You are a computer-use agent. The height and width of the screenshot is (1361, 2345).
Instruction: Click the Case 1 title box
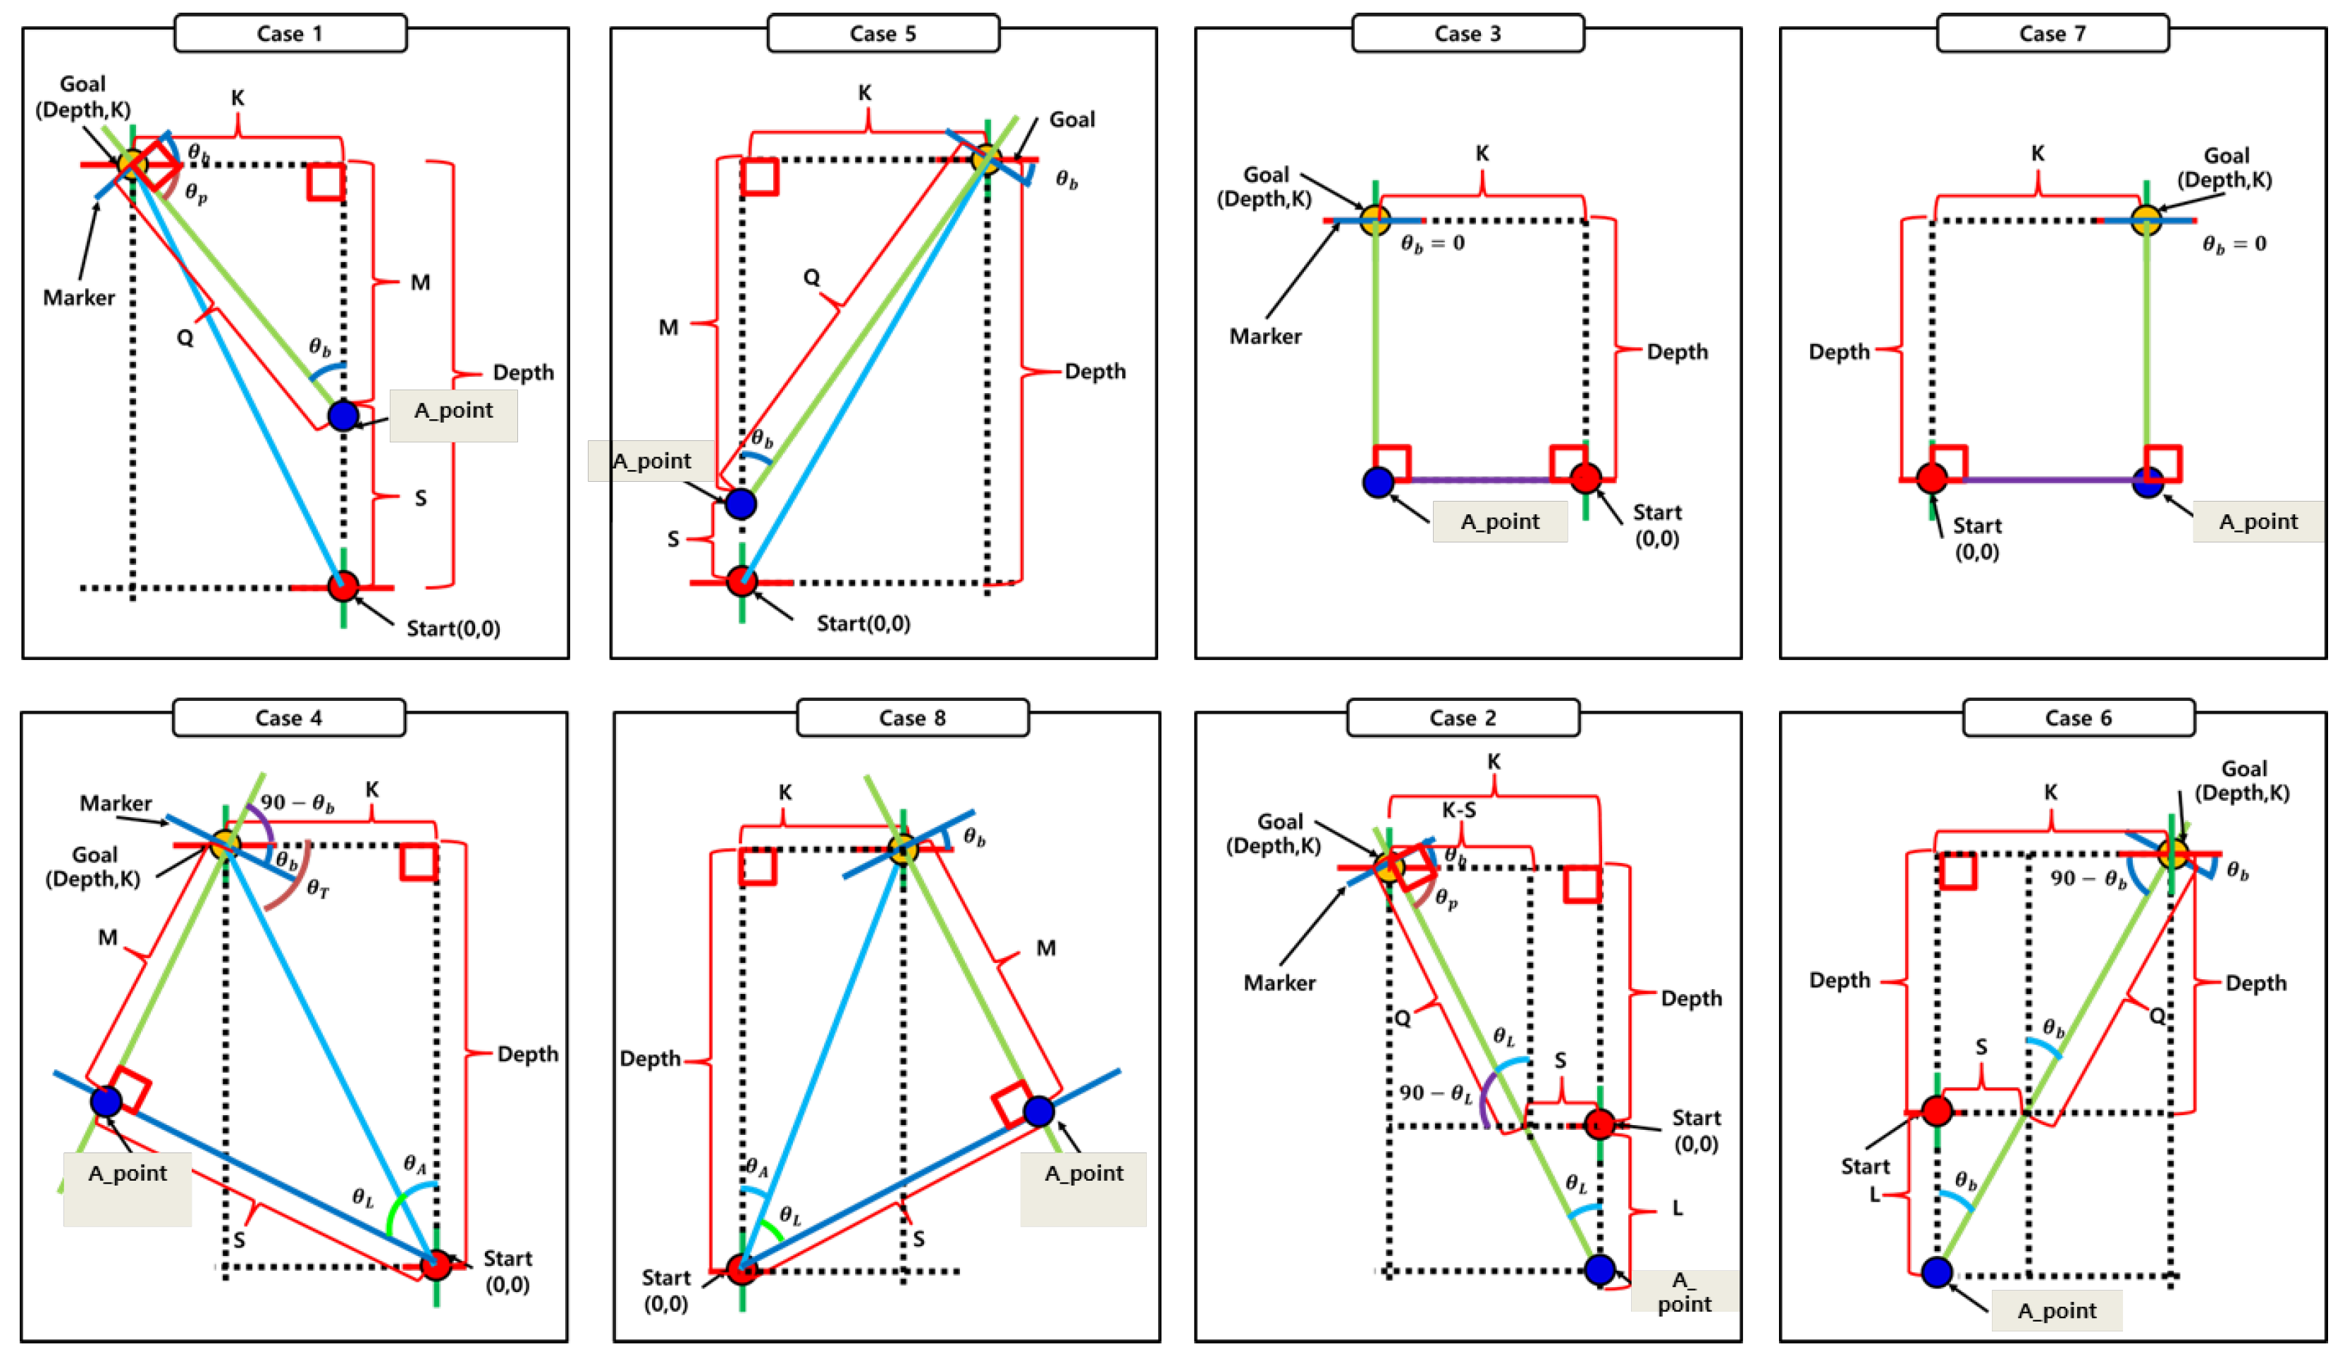point(290,34)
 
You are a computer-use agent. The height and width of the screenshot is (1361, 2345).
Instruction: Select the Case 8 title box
point(912,717)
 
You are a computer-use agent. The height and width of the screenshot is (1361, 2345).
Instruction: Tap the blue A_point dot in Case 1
point(343,415)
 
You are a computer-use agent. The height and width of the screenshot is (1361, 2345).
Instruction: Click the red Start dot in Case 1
point(343,586)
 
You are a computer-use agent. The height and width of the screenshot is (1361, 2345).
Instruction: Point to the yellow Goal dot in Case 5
point(985,158)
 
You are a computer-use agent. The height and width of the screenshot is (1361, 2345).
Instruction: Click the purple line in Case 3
point(1479,480)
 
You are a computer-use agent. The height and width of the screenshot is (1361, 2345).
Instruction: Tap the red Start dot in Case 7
point(1932,478)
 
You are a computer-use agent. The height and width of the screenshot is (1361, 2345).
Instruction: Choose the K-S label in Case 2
point(1458,810)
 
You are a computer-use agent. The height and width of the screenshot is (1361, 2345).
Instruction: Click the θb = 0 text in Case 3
point(1432,244)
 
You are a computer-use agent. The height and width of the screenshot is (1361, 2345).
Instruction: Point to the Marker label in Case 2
point(1279,983)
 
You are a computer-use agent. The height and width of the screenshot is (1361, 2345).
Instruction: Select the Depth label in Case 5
point(1095,371)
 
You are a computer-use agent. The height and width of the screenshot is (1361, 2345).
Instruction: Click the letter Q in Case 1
point(185,337)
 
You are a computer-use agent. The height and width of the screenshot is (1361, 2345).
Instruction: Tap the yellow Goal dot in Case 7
point(2146,220)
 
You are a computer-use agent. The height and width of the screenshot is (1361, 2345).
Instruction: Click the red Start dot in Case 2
point(1599,1124)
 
